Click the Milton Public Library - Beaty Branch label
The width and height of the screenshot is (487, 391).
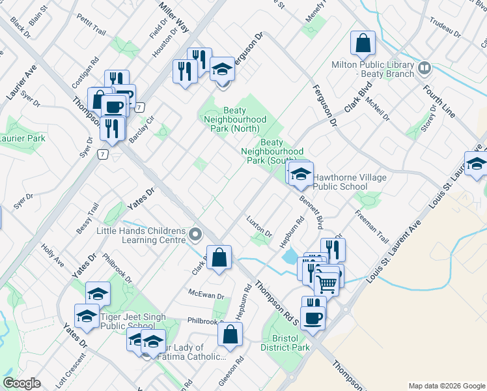pyautogui.click(x=372, y=70)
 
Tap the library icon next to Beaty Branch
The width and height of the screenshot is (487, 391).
pyautogui.click(x=425, y=68)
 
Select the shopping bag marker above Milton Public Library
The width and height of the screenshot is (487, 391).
pyautogui.click(x=363, y=44)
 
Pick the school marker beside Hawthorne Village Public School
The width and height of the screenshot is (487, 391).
pyautogui.click(x=301, y=174)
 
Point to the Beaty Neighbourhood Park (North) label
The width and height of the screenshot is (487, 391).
pyautogui.click(x=235, y=120)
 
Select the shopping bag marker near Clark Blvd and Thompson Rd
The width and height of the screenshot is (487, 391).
pyautogui.click(x=219, y=257)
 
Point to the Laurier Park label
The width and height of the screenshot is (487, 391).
pyautogui.click(x=22, y=138)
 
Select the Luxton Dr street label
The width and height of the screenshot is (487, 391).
pyautogui.click(x=258, y=226)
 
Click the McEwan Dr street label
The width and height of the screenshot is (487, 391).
pyautogui.click(x=206, y=295)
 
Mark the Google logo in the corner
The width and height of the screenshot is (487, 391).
pyautogui.click(x=21, y=383)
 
